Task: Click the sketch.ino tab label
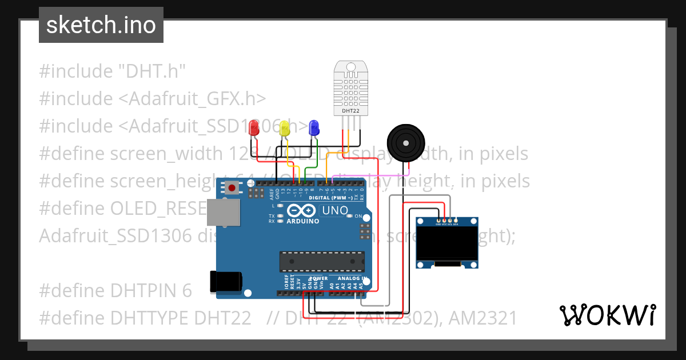pyautogui.click(x=101, y=25)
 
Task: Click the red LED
pyautogui.click(x=255, y=129)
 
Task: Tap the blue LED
pyautogui.click(x=313, y=128)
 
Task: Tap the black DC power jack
pyautogui.click(x=226, y=282)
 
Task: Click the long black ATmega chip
pyautogui.click(x=321, y=261)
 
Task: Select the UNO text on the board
pyautogui.click(x=335, y=210)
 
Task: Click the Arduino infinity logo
pyautogui.click(x=301, y=210)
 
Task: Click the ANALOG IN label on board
pyautogui.click(x=349, y=278)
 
